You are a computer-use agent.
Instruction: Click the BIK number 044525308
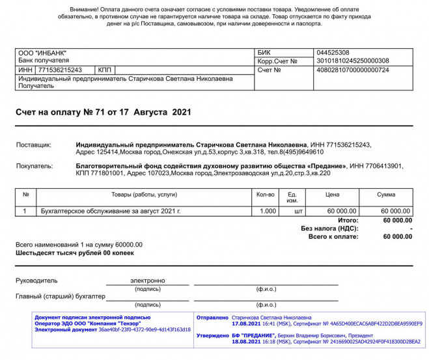pos(332,53)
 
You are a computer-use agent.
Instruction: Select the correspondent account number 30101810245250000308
pos(352,61)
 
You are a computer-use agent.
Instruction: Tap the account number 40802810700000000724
pos(352,70)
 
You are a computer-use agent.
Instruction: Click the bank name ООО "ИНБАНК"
pos(42,53)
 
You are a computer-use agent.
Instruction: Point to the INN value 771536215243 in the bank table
pos(60,70)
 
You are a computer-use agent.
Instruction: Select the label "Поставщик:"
pos(33,145)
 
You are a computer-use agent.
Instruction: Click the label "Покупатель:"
pos(35,166)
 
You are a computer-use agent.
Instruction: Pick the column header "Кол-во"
pos(266,195)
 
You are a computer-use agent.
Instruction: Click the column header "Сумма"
pos(386,195)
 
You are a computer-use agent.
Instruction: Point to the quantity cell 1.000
pos(268,212)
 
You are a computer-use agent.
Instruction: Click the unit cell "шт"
pos(299,212)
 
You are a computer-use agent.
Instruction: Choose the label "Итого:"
pos(348,221)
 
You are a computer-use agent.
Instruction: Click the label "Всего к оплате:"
pos(333,237)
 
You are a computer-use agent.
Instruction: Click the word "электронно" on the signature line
pos(147,281)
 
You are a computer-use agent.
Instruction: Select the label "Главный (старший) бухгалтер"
pos(61,297)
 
